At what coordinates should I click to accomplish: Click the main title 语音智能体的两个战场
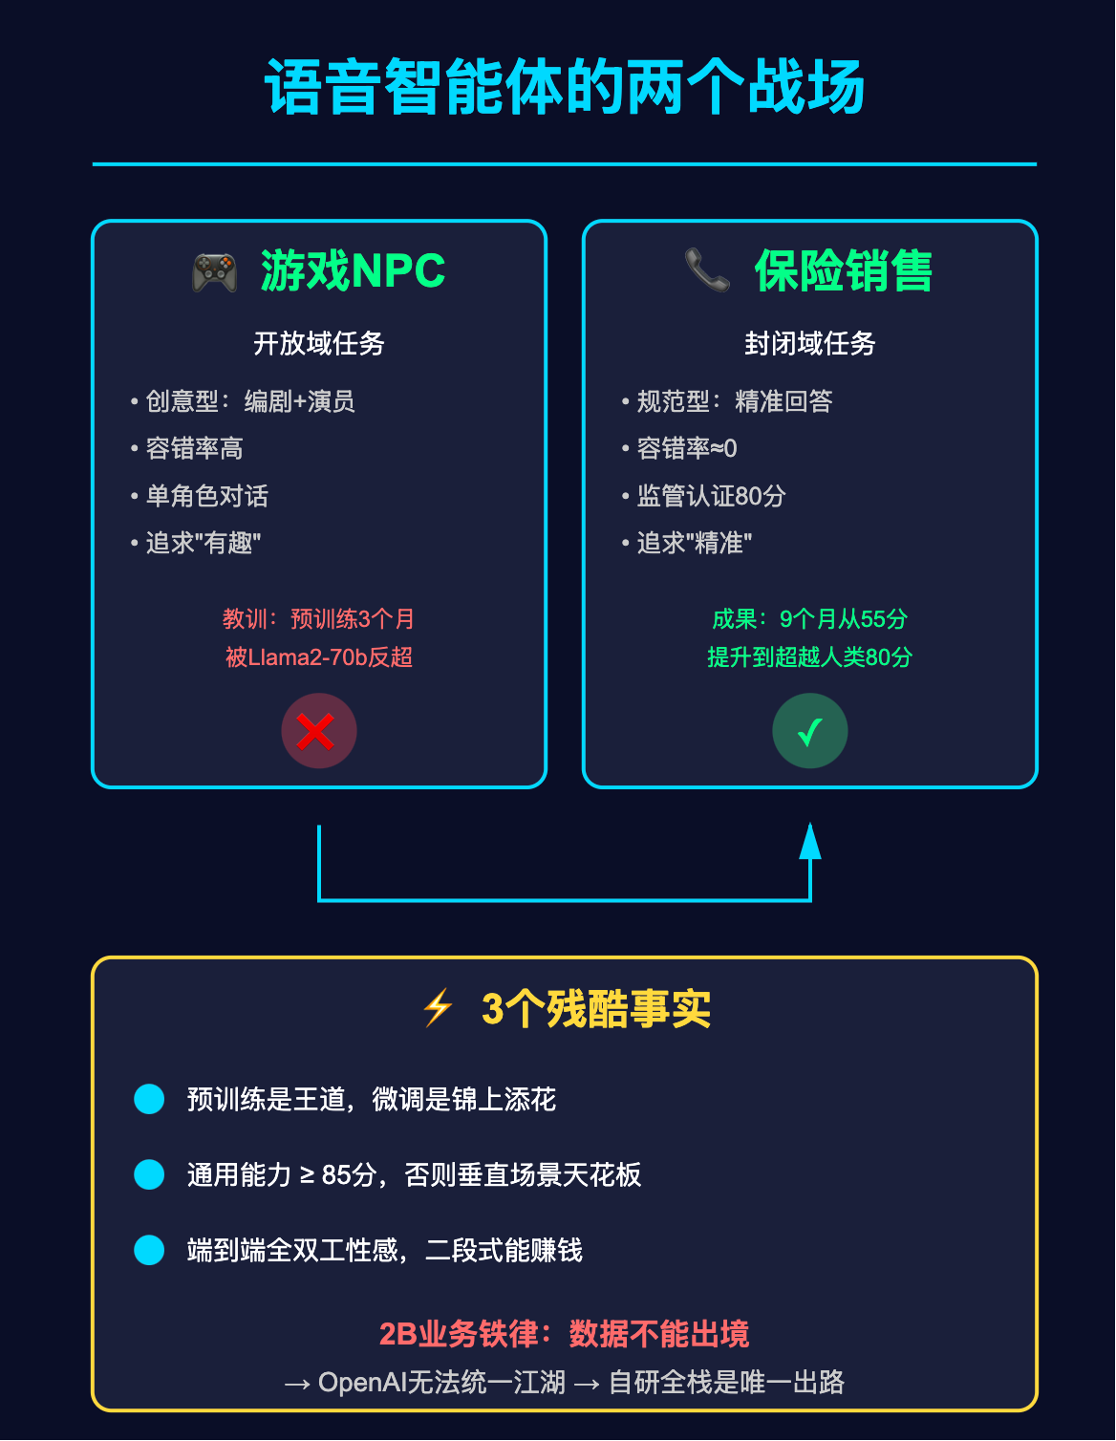pos(564,88)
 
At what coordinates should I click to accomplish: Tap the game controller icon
pos(215,272)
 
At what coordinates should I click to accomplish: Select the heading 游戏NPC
pos(353,271)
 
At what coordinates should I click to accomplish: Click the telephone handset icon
pos(707,270)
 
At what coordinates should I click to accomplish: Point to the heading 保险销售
pos(843,271)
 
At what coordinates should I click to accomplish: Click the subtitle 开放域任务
pos(318,344)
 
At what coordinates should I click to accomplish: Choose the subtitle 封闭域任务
pos(809,344)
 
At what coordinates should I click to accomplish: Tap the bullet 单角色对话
pos(206,496)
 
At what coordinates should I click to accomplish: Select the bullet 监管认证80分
pos(711,496)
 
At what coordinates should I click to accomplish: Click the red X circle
pos(318,731)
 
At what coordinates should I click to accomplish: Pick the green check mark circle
pos(809,731)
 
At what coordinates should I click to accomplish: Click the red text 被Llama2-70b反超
pos(318,657)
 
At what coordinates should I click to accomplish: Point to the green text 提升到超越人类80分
pos(809,657)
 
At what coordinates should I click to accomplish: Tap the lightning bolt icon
pos(438,1008)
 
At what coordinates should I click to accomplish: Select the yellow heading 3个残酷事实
pos(596,1009)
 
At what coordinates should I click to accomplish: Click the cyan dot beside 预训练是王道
pos(149,1099)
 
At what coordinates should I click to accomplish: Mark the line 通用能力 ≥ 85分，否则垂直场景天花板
pos(414,1174)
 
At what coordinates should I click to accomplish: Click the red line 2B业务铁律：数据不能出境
pos(564,1334)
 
